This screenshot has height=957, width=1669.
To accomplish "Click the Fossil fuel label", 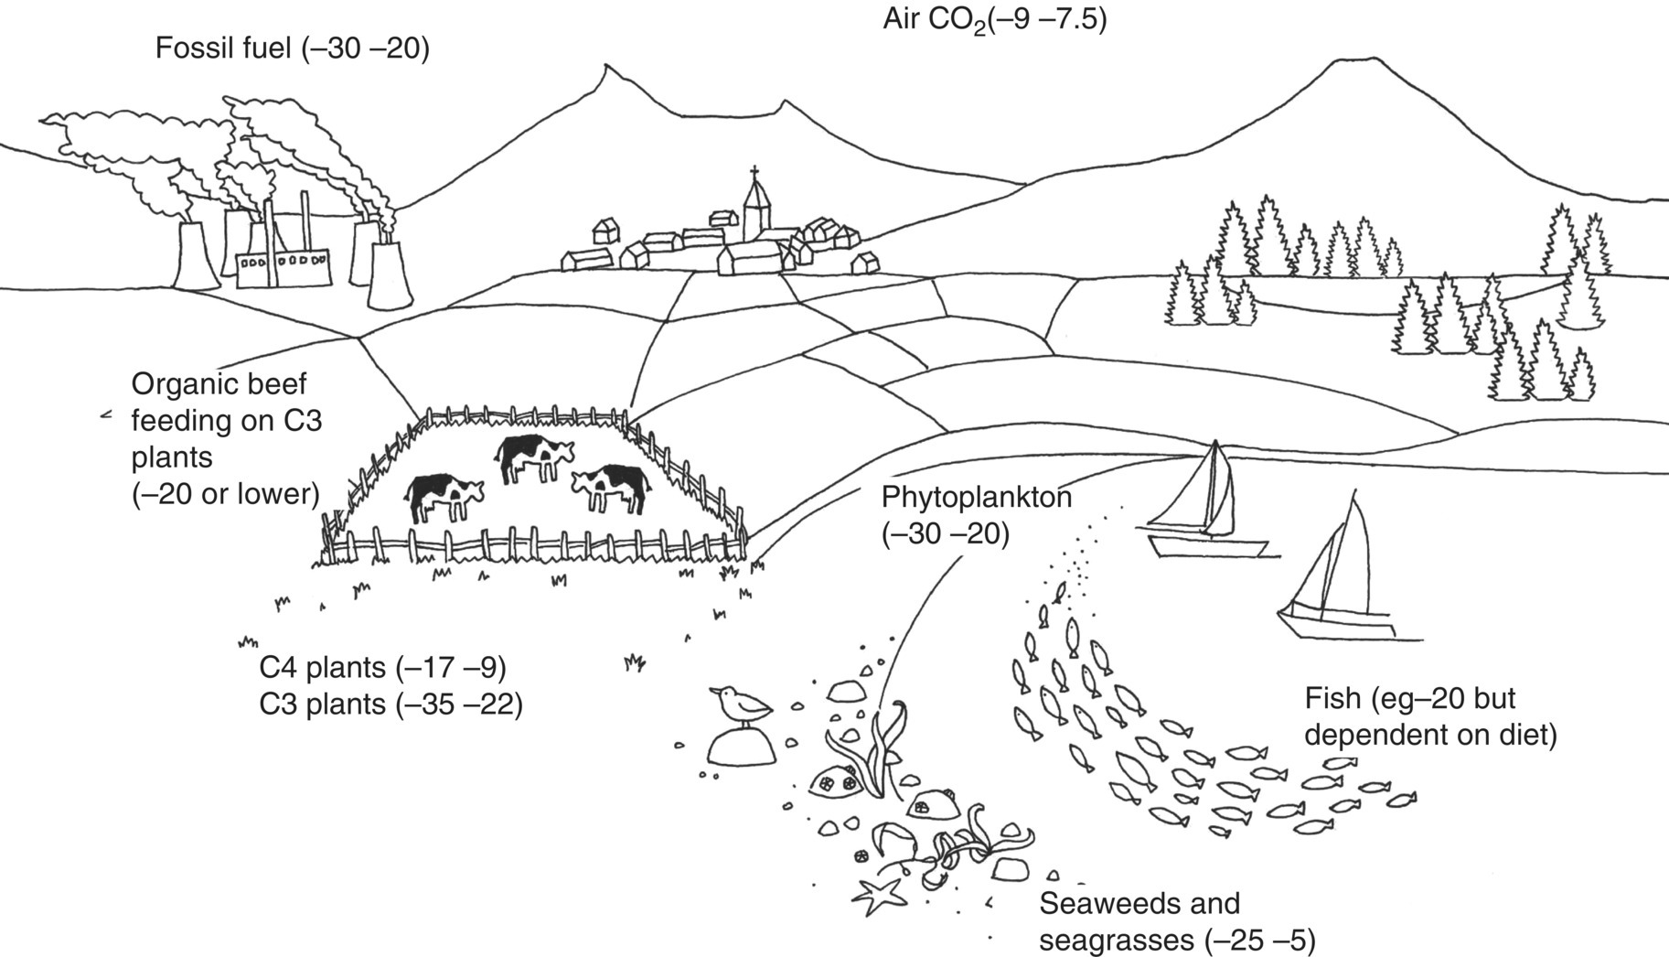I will coord(292,48).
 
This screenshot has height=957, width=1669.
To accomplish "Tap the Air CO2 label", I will coord(994,19).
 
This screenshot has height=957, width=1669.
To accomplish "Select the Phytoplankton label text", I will coord(976,498).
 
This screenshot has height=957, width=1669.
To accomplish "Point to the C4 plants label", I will coord(382,668).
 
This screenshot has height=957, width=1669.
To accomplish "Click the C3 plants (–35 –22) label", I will coord(391,704).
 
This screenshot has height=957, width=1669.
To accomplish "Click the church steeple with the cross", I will coord(755,206).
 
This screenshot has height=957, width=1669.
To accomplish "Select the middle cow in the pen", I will coord(532,454).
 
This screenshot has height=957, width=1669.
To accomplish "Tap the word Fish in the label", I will coord(1332,699).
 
